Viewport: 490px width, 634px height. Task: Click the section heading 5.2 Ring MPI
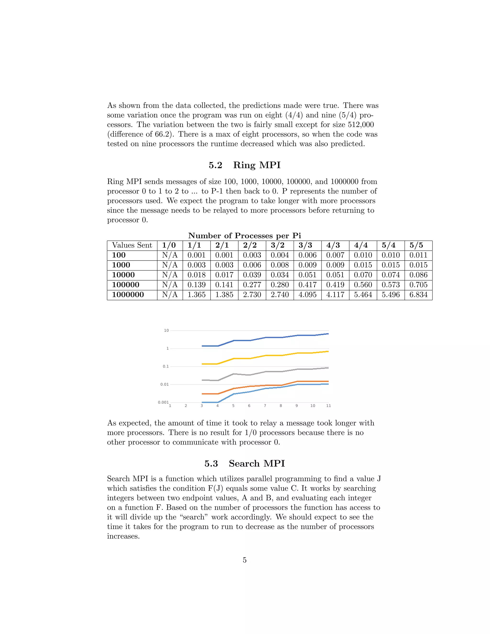tap(245, 165)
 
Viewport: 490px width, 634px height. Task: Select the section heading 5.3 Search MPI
tap(245, 464)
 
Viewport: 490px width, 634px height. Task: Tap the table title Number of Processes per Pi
tap(245, 235)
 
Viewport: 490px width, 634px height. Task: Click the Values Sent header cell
tap(132, 245)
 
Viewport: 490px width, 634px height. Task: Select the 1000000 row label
tap(128, 295)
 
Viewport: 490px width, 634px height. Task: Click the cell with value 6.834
tap(418, 295)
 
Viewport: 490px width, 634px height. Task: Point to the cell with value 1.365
tap(196, 295)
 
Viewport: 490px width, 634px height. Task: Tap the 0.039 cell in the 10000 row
tap(252, 275)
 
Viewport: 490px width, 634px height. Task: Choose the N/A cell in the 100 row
tap(170, 255)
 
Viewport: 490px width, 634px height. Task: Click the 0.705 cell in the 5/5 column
tap(418, 285)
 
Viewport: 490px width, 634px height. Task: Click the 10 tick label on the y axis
tap(166, 330)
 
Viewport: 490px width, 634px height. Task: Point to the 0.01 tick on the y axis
tap(164, 384)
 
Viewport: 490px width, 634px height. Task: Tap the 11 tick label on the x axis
tap(328, 406)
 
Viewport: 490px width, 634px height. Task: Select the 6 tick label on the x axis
tap(249, 406)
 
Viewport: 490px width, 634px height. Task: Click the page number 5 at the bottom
tap(245, 560)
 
